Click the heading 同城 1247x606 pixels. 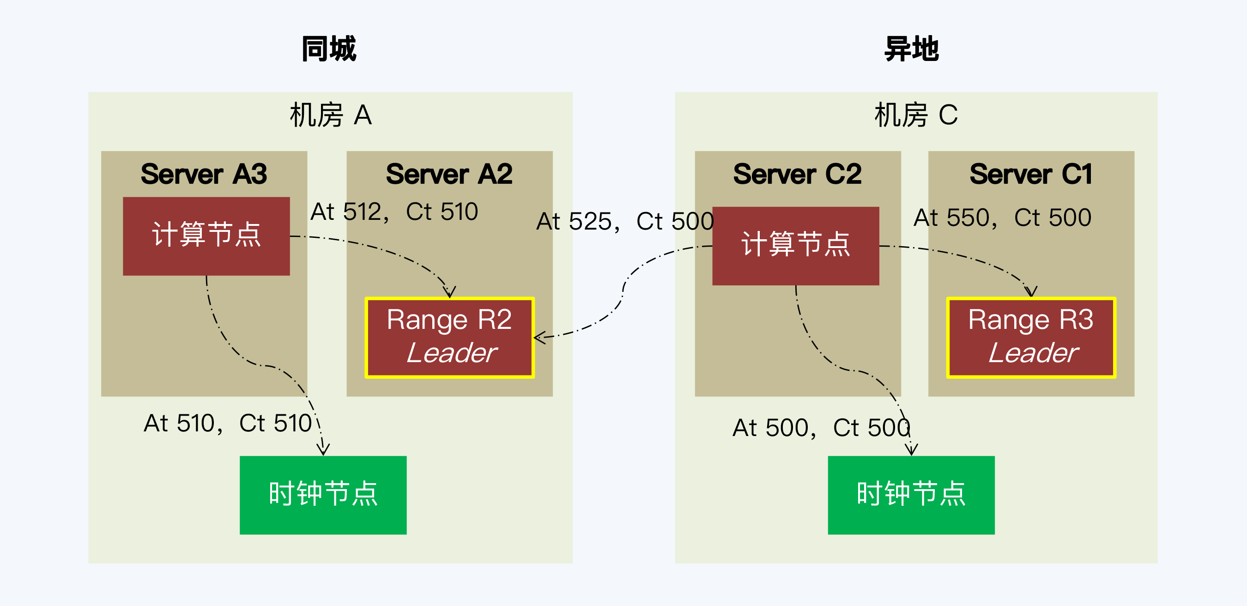329,49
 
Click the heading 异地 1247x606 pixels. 912,49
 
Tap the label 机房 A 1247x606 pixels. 331,115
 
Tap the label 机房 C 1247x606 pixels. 916,115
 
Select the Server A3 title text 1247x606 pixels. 204,174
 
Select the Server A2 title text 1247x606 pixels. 449,174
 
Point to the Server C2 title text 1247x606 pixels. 797,174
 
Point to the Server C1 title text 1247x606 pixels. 1031,174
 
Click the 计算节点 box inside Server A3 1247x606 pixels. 206,236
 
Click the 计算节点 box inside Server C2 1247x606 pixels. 795,245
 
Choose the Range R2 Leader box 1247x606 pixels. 450,337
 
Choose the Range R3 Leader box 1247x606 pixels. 1031,337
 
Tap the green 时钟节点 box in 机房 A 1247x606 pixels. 323,495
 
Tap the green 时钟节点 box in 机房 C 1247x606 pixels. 911,495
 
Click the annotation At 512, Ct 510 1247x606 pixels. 394,212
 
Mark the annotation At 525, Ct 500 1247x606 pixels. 625,221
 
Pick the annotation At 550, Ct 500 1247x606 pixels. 1002,218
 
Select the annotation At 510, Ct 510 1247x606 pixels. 228,423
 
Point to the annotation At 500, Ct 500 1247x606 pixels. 821,427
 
